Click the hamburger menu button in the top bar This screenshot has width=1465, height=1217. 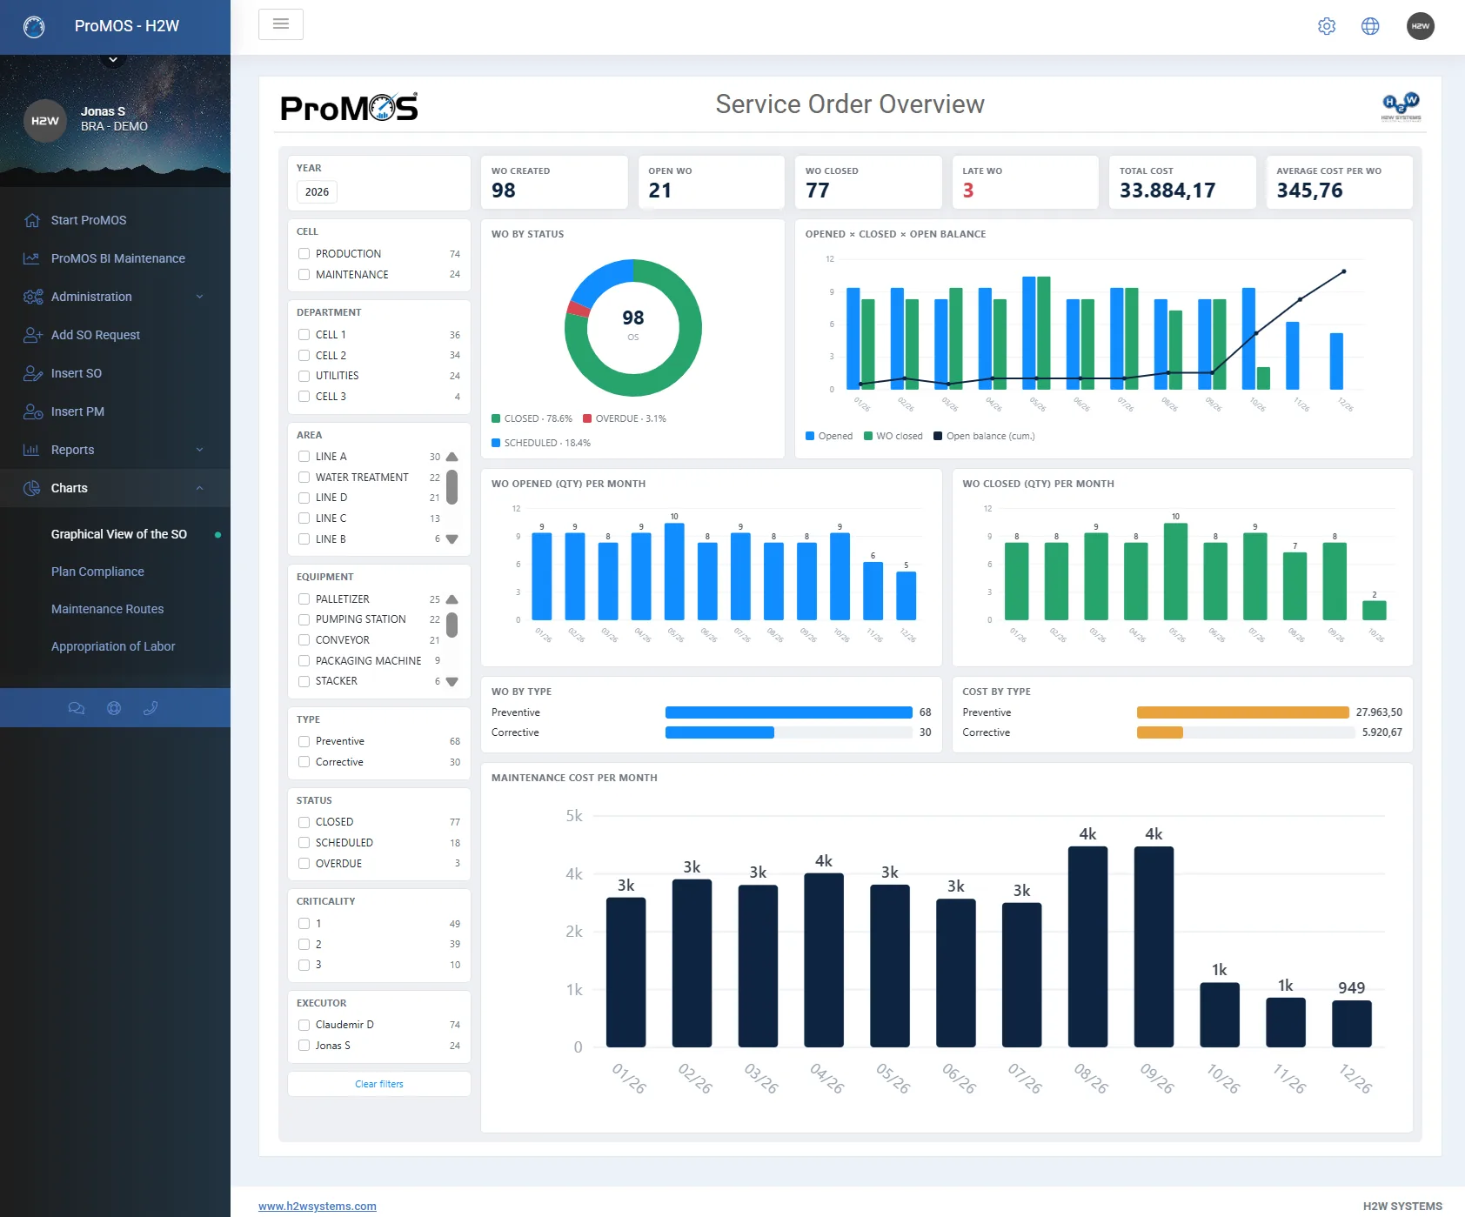281,24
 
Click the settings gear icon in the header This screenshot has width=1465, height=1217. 1327,26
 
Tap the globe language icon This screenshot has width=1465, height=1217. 1370,26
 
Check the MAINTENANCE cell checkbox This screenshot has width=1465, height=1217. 304,274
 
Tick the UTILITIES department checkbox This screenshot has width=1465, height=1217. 304,376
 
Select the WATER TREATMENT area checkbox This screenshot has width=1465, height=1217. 304,478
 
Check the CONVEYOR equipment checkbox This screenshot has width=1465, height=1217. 304,640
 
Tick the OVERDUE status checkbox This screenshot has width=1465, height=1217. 304,864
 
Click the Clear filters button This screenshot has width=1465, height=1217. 379,1084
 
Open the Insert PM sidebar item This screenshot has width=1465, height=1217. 77,411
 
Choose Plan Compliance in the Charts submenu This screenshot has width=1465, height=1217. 97,572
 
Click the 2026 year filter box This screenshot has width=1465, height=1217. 318,192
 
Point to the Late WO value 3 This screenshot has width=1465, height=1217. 968,191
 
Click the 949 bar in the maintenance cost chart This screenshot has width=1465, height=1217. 1352,1024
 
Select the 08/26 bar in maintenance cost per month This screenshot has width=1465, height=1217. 1087,946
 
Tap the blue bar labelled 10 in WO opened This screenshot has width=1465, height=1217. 674,572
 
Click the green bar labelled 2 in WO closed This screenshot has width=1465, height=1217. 1375,610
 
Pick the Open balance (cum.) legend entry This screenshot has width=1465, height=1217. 984,436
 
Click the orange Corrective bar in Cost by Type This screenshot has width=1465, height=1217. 1160,732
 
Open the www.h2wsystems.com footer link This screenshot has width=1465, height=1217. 318,1207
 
